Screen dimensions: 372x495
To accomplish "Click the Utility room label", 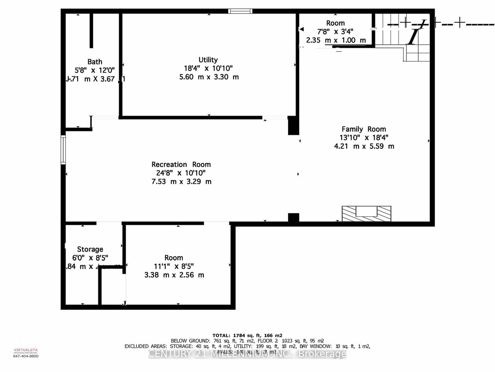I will (x=208, y=60).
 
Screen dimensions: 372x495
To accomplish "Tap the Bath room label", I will (x=95, y=62).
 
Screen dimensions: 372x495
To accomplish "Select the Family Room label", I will (x=364, y=129).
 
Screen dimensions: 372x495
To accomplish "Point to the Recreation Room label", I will (x=181, y=165).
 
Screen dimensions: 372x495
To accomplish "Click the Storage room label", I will (x=90, y=249).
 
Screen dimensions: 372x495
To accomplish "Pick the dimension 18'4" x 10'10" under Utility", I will (x=208, y=68).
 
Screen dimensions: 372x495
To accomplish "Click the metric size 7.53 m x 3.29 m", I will (x=181, y=182).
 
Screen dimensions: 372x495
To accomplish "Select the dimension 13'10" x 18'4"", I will (x=364, y=138).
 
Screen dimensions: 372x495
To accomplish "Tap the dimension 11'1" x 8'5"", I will (x=174, y=266).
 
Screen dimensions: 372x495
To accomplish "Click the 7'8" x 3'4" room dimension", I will (x=335, y=31).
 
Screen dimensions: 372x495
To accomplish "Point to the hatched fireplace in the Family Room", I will (x=366, y=214).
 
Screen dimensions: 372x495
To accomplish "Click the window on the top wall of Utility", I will (x=240, y=11).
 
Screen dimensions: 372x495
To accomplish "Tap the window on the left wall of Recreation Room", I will (x=63, y=149).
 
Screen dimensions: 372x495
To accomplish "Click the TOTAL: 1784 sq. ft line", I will (x=247, y=335).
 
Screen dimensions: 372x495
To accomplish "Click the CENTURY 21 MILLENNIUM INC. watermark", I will (x=247, y=354).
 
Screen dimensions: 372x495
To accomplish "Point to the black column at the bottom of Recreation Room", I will (x=293, y=218).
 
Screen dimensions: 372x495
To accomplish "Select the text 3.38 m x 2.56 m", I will (x=174, y=275).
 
